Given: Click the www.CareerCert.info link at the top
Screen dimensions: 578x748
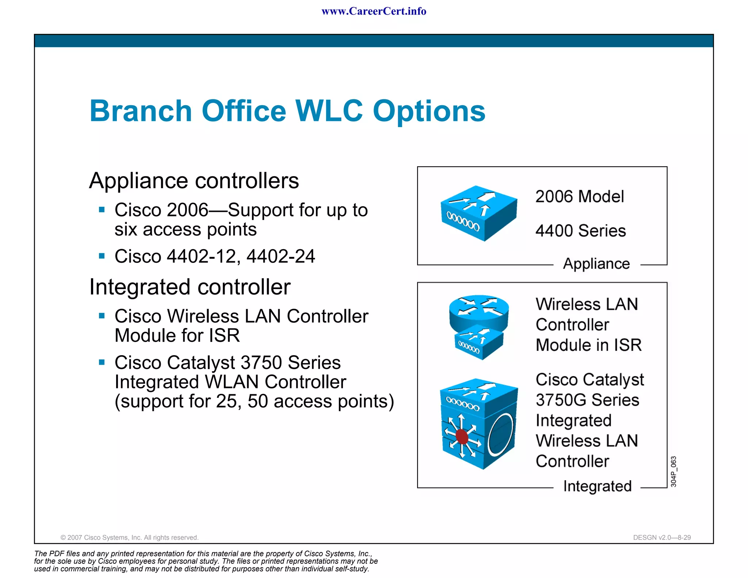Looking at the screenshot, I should [374, 11].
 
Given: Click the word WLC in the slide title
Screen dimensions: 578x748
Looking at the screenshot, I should [329, 111].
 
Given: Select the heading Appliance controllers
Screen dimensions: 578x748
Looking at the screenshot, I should [194, 180].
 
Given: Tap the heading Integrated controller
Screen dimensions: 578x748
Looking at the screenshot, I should [190, 287].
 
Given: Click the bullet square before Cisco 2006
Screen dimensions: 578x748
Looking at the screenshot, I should [102, 210].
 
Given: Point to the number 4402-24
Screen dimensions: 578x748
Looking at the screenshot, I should [280, 256].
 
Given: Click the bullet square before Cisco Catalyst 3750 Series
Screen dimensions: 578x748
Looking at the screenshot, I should [102, 362].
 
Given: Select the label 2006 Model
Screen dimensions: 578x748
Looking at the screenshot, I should [580, 197].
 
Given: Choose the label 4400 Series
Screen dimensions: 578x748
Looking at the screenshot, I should [580, 231].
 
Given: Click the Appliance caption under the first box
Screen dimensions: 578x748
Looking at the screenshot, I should [596, 264].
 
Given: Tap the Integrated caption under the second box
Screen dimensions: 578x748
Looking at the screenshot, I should [597, 486].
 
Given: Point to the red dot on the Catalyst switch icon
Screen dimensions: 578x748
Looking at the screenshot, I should [462, 437].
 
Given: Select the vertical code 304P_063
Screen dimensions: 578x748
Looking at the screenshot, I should [673, 472].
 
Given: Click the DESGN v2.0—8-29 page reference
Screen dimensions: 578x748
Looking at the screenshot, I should [662, 537].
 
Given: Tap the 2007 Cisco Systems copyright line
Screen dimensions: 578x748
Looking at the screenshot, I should [129, 537].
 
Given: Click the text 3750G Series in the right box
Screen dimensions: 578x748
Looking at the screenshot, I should [587, 400].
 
